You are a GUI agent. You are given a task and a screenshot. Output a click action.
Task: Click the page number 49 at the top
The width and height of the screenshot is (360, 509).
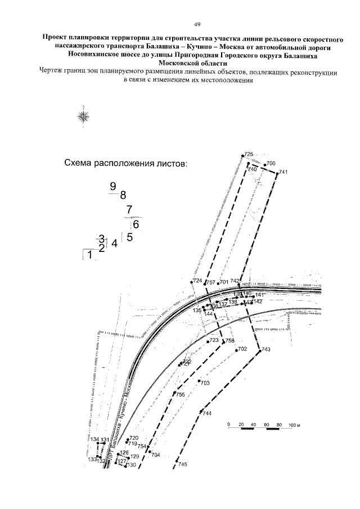[x=182, y=24]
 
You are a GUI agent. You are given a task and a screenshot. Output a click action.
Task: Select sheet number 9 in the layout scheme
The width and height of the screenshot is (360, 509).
[x=113, y=186]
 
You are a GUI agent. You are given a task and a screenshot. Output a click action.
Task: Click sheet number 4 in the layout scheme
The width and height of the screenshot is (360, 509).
[x=115, y=244]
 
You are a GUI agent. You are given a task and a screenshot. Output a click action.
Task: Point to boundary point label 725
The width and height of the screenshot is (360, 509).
[x=249, y=154]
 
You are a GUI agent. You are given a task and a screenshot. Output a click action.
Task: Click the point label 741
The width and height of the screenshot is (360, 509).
[x=283, y=172]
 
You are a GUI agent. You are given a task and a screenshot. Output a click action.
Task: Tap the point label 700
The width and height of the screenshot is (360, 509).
[x=271, y=163]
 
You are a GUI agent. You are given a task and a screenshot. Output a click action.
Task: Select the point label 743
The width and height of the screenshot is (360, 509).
[x=266, y=350]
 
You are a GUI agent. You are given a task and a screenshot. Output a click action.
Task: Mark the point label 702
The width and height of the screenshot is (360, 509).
[x=242, y=349]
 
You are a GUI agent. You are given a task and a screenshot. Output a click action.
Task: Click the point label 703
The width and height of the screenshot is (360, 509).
[x=205, y=382]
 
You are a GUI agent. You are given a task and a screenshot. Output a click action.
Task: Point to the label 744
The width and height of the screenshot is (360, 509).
[x=207, y=413]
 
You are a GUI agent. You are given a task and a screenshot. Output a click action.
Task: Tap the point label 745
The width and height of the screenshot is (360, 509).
[x=182, y=464]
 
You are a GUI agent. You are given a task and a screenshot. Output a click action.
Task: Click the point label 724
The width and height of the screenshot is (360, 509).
[x=197, y=280]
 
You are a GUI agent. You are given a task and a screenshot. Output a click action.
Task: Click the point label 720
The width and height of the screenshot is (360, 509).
[x=134, y=438]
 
